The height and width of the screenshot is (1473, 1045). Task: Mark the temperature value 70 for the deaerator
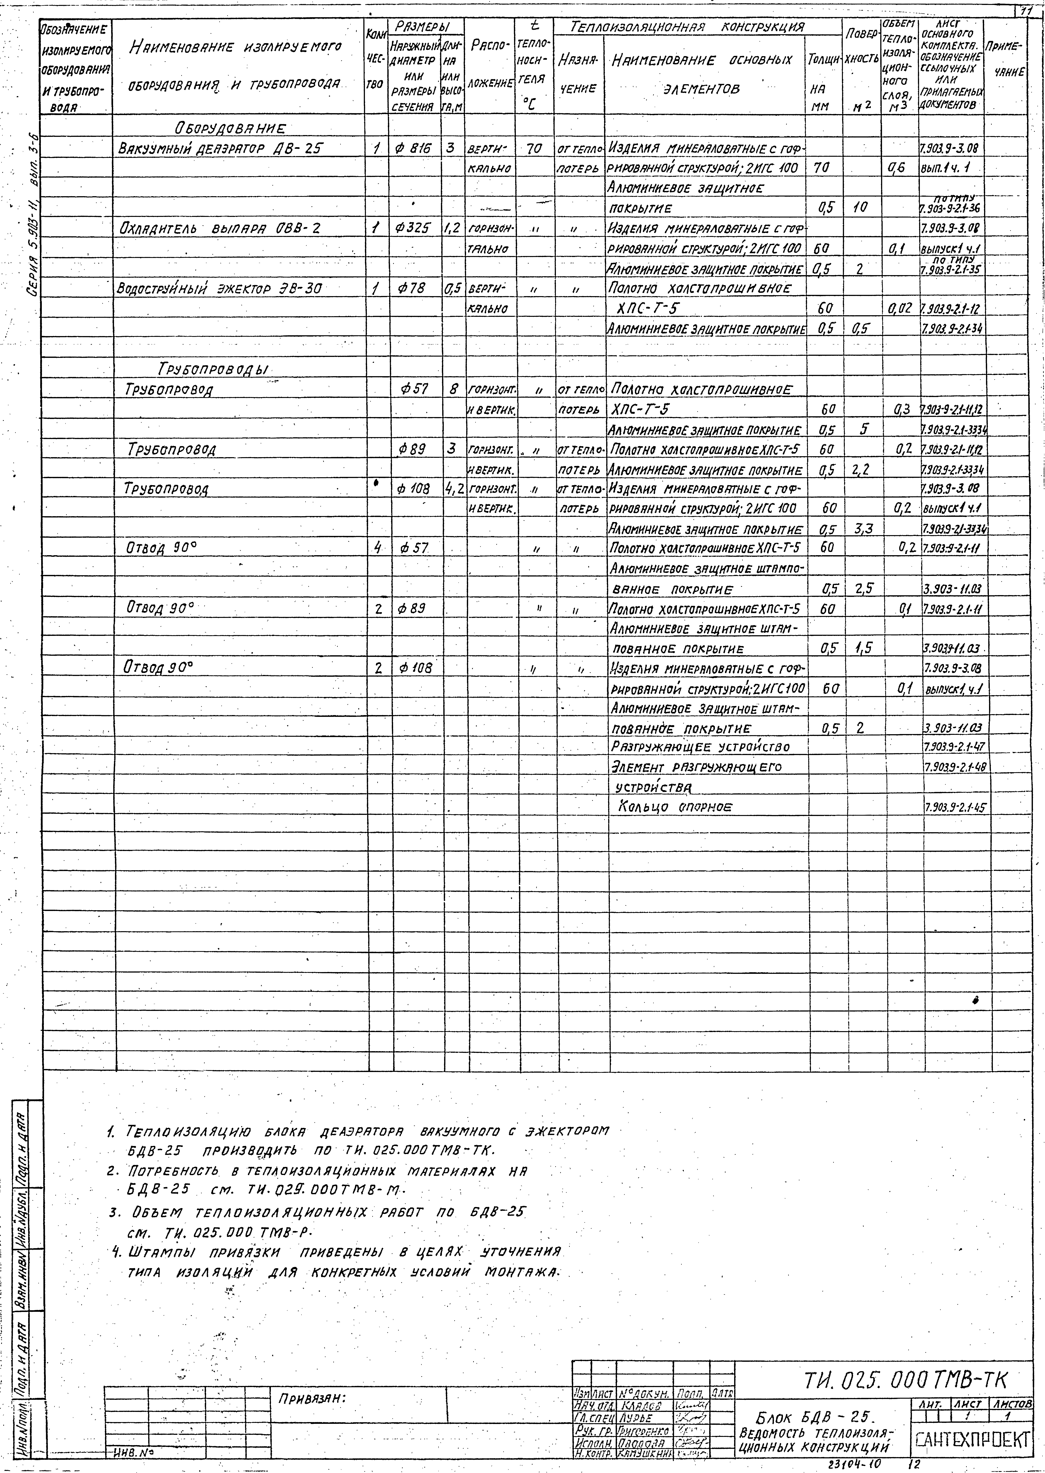pos(534,149)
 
